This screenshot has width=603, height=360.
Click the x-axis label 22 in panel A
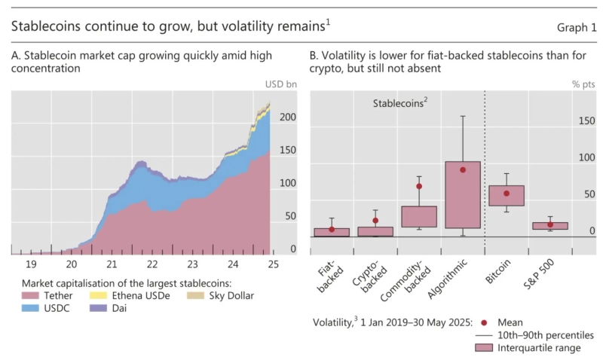click(152, 264)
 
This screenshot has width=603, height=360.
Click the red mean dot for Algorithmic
click(463, 170)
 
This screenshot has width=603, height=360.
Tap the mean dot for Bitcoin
click(507, 194)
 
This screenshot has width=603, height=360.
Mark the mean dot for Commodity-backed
click(419, 186)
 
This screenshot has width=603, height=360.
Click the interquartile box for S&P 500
click(550, 226)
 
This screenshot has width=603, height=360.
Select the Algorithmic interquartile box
click(463, 195)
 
